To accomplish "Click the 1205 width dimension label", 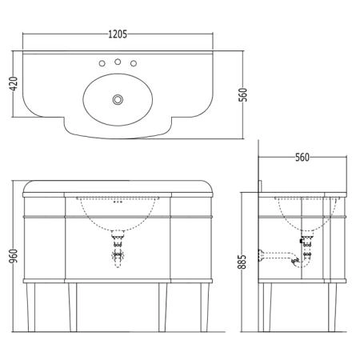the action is click(x=118, y=34).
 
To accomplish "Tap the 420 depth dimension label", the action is click(x=14, y=83).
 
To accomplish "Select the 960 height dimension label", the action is click(x=14, y=256).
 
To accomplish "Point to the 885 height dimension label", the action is click(x=242, y=262).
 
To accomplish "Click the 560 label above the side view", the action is click(x=302, y=158).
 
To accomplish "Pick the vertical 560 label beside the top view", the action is click(x=242, y=94).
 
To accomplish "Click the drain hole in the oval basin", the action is click(x=118, y=99).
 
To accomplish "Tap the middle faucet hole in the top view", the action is click(x=118, y=62).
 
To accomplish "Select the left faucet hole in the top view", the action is click(x=102, y=63).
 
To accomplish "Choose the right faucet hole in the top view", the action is click(x=134, y=63).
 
